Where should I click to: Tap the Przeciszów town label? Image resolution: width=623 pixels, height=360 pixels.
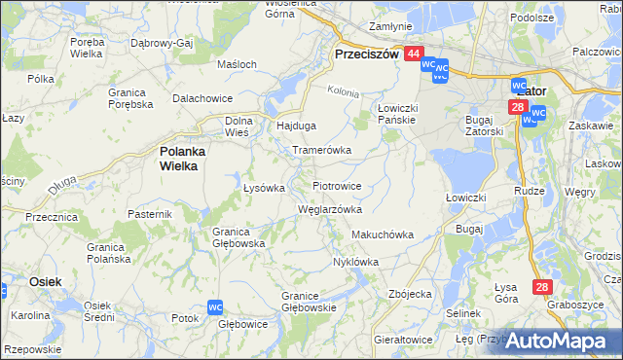366,55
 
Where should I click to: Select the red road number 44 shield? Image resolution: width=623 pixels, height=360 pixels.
414,55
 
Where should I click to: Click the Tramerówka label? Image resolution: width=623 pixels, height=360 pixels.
321,151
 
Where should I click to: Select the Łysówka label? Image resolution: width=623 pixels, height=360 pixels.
263,188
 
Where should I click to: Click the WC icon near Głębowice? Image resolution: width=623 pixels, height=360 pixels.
215,307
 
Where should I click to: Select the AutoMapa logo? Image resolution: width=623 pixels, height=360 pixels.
555,341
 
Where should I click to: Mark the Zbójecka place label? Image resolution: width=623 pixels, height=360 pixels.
409,294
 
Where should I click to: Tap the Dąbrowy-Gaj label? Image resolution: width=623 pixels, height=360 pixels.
163,44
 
